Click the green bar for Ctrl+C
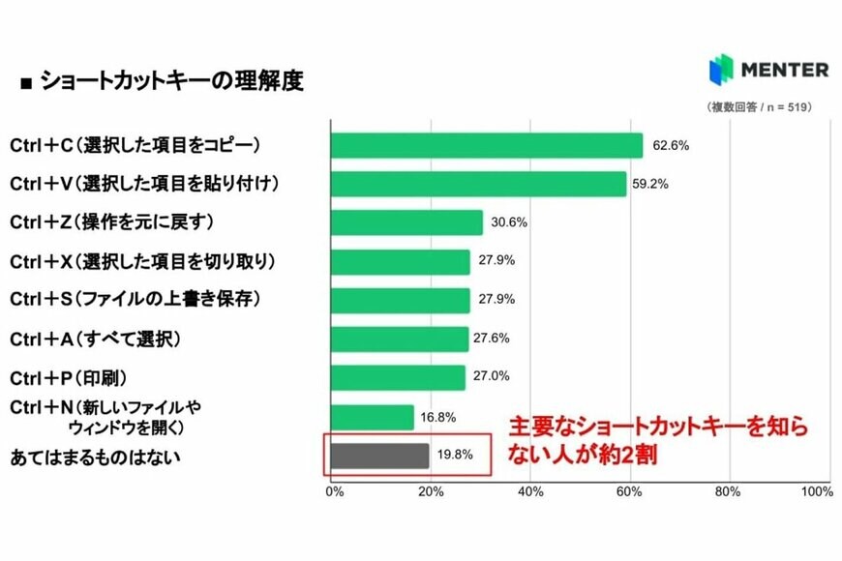point(487,145)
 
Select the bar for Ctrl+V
point(478,184)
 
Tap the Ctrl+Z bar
point(406,222)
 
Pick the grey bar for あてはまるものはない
point(379,456)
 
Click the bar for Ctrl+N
point(373,417)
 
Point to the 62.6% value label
point(671,146)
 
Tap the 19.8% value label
point(455,456)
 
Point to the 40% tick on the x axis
point(530,492)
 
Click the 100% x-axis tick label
point(817,492)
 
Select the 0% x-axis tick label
point(334,492)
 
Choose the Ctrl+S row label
point(135,300)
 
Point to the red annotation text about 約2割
point(658,440)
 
